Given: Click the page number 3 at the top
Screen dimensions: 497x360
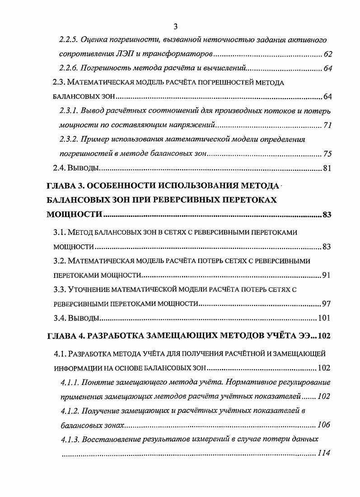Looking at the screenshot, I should coord(175,26).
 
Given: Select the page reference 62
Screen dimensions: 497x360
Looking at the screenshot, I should coord(327,55).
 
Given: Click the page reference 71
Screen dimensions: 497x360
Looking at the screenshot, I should coord(327,125).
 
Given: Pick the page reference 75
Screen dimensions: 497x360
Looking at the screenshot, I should coord(327,154).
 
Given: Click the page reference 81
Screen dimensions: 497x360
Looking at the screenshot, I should coord(327,169).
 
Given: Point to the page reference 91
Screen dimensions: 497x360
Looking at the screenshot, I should coord(327,275).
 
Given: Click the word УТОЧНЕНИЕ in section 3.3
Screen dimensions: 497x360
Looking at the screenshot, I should coord(93,289).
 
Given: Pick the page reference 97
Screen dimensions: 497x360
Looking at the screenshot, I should coord(327,303).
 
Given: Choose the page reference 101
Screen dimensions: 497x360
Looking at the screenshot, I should coord(324,318).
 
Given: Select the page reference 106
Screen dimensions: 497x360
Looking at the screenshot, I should coord(323,425).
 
